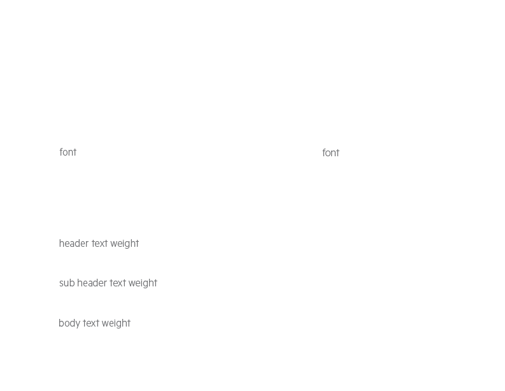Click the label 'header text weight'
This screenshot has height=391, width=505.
(99, 243)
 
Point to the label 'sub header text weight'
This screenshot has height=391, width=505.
(108, 283)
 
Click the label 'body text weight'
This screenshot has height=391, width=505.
(94, 323)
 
